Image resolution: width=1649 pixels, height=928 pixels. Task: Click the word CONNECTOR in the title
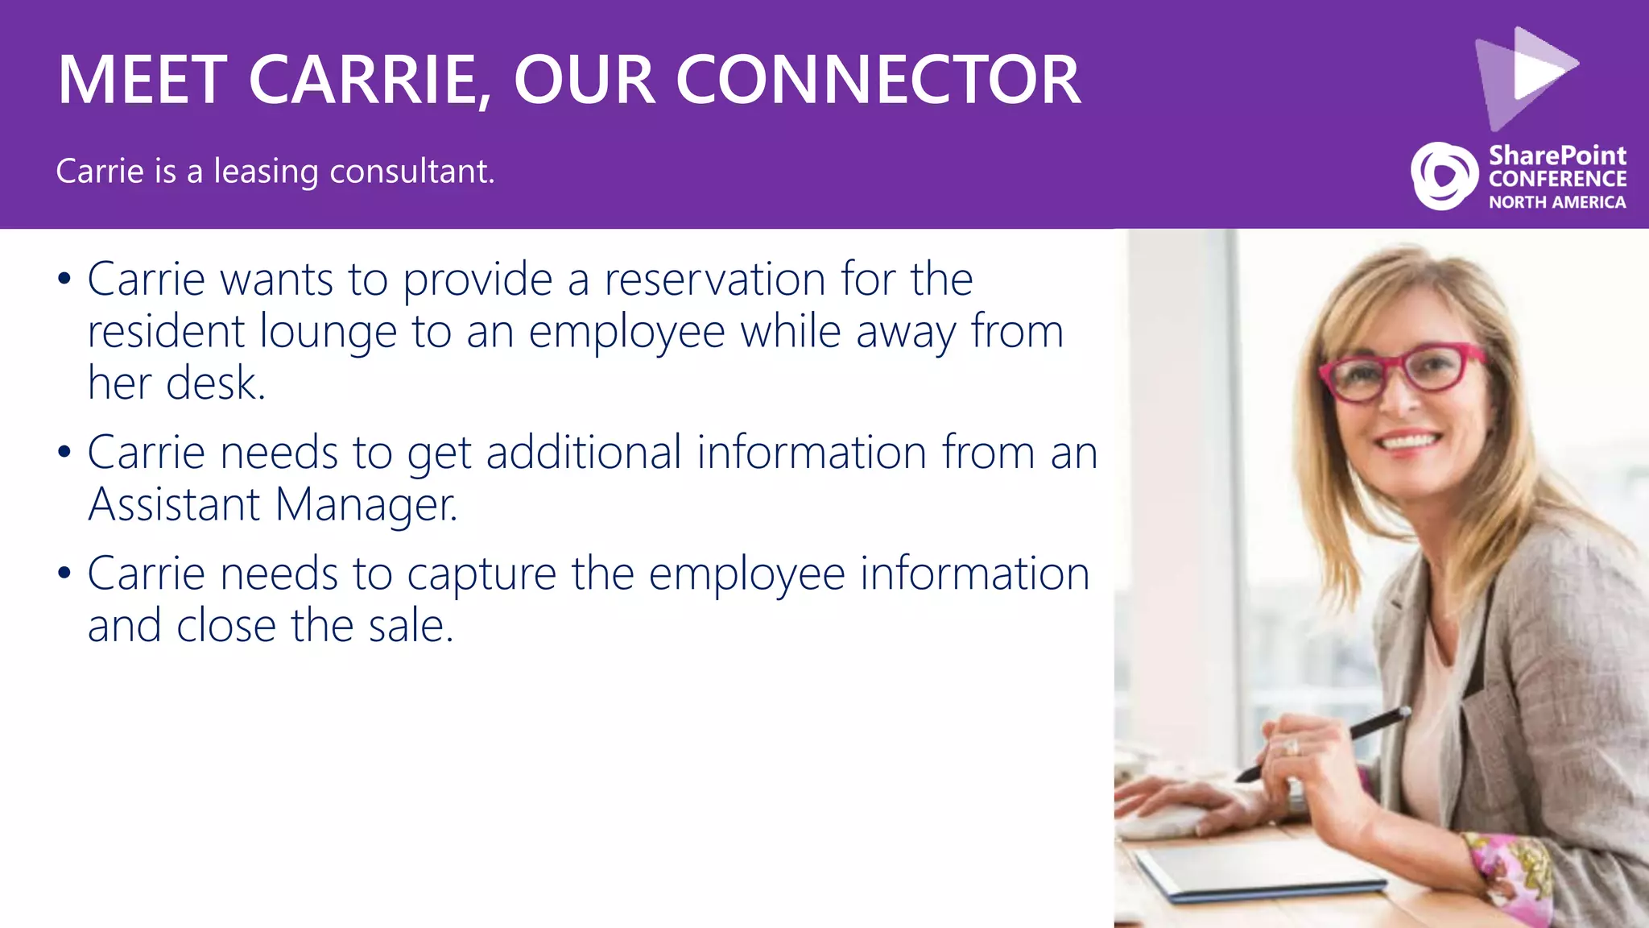(x=878, y=80)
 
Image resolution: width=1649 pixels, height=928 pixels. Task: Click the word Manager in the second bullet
(x=366, y=505)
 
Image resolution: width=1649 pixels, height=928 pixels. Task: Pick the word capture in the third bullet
(x=481, y=574)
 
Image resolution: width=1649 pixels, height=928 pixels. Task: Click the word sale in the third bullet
(x=411, y=626)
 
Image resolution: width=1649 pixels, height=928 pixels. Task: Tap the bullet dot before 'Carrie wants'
(x=64, y=280)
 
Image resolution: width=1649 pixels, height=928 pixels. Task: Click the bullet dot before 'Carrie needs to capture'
(x=64, y=574)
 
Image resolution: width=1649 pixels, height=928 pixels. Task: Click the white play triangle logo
(x=1538, y=68)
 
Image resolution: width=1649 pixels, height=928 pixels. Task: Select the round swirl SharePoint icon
(x=1444, y=176)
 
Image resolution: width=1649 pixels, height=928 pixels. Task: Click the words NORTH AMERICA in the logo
(x=1556, y=202)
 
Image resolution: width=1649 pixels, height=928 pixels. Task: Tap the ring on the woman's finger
(x=1291, y=748)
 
